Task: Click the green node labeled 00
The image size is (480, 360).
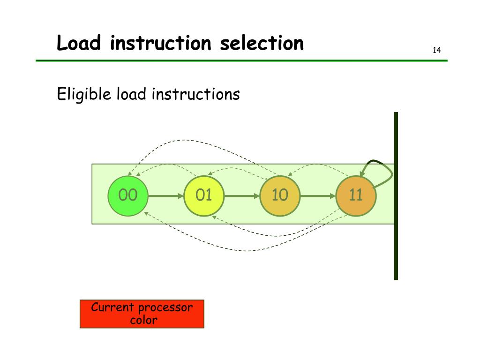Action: click(x=128, y=195)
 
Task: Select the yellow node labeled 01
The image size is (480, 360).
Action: click(x=204, y=195)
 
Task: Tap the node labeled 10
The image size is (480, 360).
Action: click(x=280, y=195)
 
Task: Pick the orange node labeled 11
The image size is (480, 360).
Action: click(x=356, y=195)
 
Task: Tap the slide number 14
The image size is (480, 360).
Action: click(x=436, y=51)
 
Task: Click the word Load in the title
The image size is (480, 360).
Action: click(x=79, y=44)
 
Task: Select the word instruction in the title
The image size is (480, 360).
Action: click(x=162, y=44)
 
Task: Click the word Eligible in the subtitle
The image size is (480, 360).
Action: click(x=84, y=95)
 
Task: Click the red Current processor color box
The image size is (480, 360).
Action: click(x=142, y=314)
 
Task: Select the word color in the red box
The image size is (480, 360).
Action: click(x=143, y=321)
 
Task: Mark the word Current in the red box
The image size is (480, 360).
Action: click(x=112, y=308)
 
